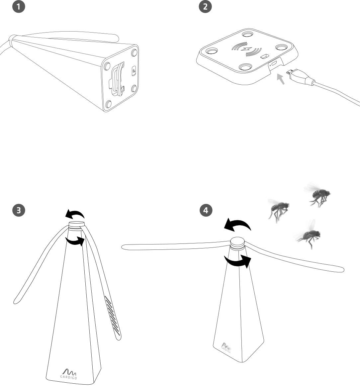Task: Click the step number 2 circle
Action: (205, 7)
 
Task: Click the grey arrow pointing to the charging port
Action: (281, 79)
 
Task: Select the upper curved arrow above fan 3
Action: (75, 214)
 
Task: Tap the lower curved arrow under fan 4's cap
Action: (237, 261)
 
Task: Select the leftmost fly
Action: (278, 209)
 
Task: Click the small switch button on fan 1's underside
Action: (134, 71)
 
